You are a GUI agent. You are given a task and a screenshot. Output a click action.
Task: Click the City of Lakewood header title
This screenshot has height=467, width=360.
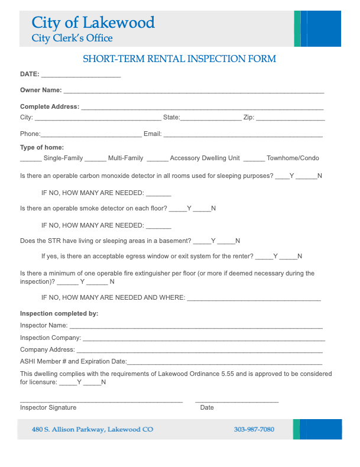point(93,23)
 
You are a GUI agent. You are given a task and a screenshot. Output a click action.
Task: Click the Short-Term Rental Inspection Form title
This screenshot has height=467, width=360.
point(179,59)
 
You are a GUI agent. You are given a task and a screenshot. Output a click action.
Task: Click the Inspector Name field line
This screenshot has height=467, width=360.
point(196,327)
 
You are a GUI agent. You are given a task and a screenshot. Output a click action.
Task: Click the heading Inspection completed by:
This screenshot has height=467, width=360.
point(59,313)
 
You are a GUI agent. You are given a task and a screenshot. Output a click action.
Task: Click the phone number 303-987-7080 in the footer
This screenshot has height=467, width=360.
point(254,429)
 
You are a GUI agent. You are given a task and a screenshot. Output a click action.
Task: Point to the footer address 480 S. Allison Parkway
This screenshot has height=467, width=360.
point(92,429)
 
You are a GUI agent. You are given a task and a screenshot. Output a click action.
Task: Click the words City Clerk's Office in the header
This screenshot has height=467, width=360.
point(72,38)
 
